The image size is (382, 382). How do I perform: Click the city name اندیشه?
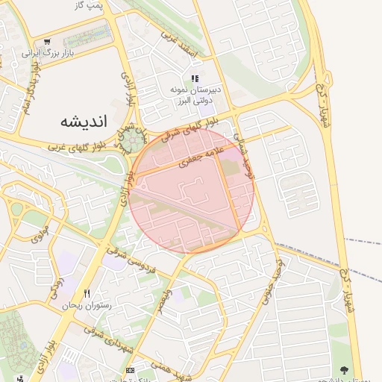[83, 120]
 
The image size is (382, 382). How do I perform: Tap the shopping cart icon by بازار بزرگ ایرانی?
[48, 42]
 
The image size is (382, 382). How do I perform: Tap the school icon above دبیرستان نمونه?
[195, 78]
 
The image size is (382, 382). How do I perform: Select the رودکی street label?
[56, 285]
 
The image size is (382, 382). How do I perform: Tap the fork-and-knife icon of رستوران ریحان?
[87, 293]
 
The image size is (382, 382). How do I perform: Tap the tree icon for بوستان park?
[344, 369]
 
